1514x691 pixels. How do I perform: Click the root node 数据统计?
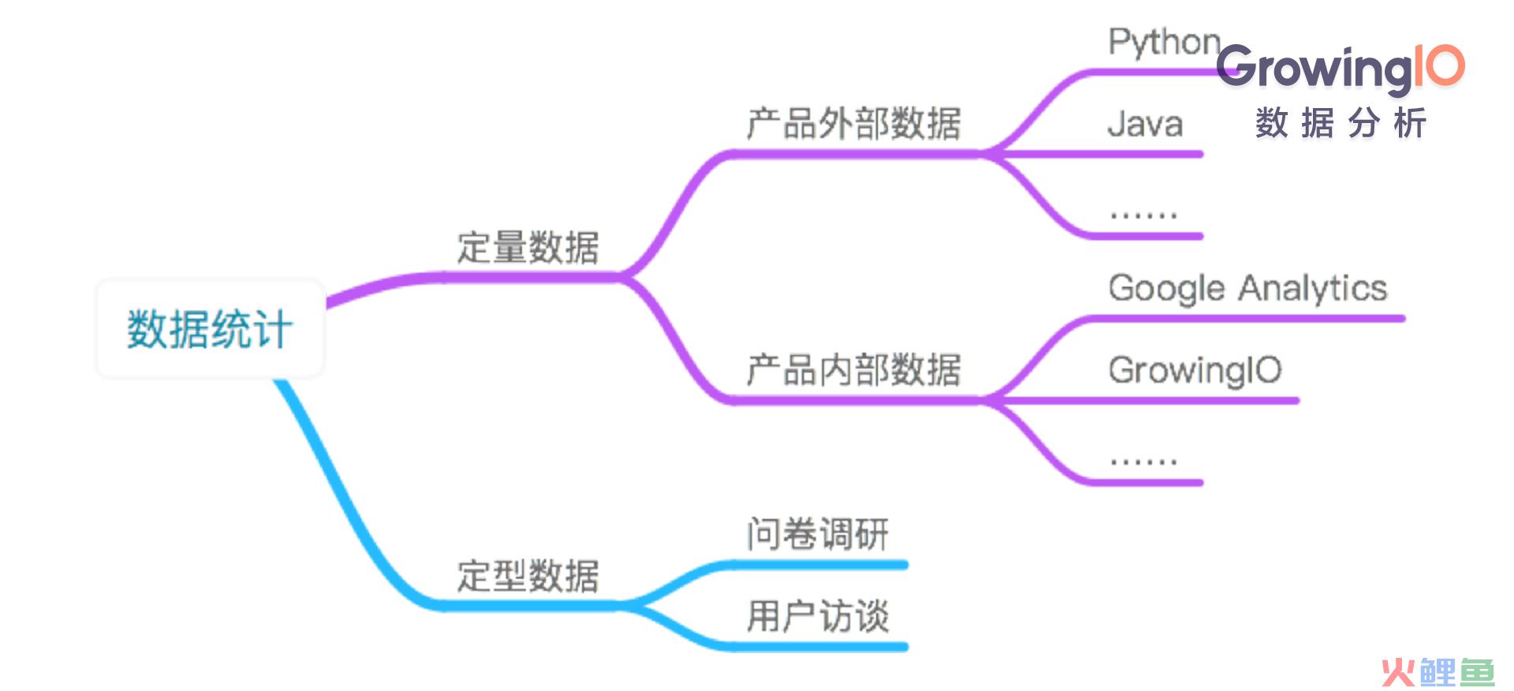(x=210, y=328)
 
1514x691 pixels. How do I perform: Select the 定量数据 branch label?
(x=528, y=247)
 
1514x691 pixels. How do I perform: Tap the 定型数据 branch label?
(x=528, y=576)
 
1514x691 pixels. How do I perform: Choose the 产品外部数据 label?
(x=853, y=124)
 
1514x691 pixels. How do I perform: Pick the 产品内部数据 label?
(x=853, y=370)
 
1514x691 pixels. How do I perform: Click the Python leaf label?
(x=1164, y=43)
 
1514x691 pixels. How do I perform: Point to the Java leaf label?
(x=1145, y=125)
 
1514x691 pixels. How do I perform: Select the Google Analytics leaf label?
(x=1247, y=289)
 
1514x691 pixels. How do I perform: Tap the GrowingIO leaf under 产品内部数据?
(x=1195, y=371)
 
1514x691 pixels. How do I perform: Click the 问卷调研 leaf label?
(x=818, y=534)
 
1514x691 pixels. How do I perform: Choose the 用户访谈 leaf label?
(x=818, y=616)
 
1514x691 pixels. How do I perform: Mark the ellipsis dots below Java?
(x=1143, y=214)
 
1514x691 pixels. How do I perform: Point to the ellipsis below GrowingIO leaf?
(x=1143, y=460)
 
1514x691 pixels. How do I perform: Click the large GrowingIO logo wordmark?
(x=1341, y=67)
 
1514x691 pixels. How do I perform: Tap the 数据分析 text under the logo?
(x=1341, y=123)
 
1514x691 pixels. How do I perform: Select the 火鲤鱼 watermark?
(x=1438, y=672)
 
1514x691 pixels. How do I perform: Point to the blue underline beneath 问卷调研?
(x=820, y=565)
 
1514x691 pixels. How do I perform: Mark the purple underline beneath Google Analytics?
(x=1246, y=319)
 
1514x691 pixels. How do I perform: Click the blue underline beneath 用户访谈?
(x=820, y=647)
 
